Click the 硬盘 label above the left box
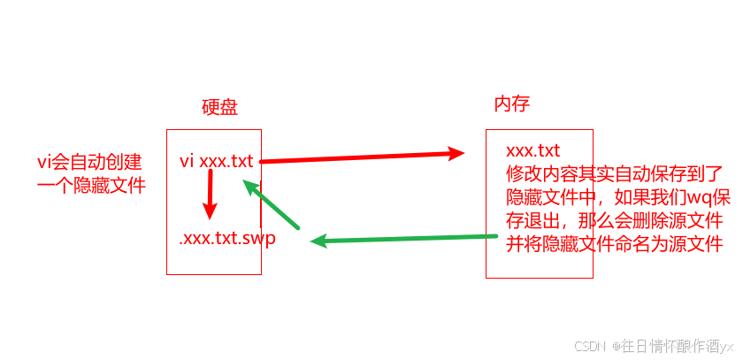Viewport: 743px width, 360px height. (x=219, y=107)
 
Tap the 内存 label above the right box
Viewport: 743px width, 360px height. (x=511, y=103)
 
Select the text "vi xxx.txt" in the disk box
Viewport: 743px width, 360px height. (x=216, y=161)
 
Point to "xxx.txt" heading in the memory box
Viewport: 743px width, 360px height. (x=533, y=149)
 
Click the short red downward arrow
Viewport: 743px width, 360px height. (x=210, y=195)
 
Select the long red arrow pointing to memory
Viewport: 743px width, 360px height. (x=363, y=157)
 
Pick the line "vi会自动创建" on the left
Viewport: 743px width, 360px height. (x=88, y=162)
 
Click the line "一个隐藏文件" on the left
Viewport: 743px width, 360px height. (x=91, y=186)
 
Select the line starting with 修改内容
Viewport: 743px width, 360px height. (x=615, y=172)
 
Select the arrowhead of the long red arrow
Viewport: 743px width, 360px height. (x=456, y=153)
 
